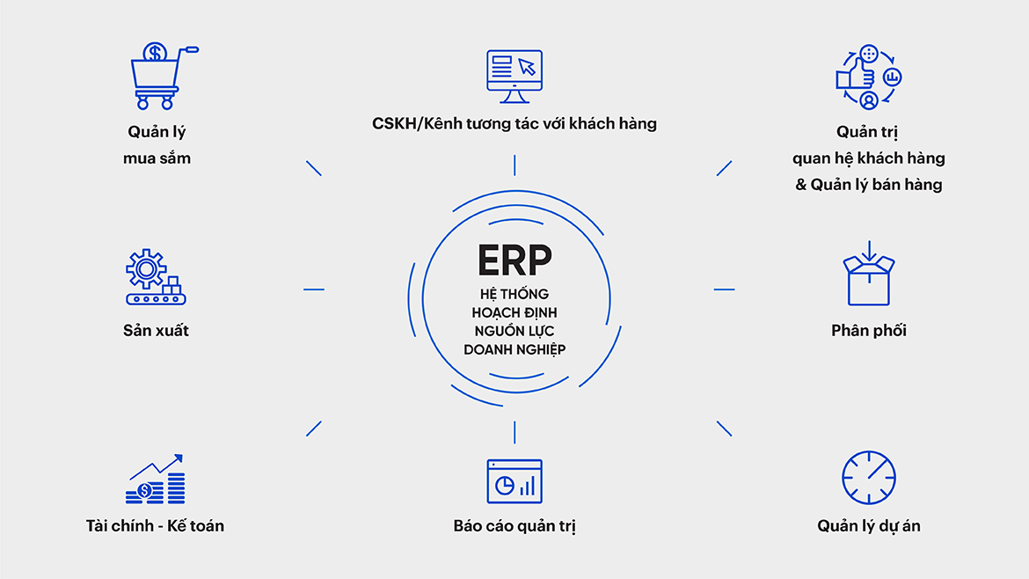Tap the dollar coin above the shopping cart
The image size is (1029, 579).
(x=156, y=53)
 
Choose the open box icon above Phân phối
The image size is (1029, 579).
(x=868, y=275)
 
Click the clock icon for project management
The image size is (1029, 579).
(x=868, y=478)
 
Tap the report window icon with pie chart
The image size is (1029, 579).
(x=514, y=481)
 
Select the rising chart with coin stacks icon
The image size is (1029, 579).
(x=156, y=480)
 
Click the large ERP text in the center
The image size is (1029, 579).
(x=514, y=260)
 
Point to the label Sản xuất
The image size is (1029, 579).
(x=157, y=331)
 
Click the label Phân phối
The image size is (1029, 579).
(x=869, y=331)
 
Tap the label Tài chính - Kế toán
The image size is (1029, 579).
(x=156, y=526)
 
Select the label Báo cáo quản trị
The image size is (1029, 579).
(x=514, y=526)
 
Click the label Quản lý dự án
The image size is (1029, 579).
(x=869, y=526)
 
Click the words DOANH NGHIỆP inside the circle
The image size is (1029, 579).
(x=514, y=349)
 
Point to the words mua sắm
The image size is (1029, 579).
(x=157, y=158)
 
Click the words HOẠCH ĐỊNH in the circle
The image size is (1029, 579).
(x=514, y=312)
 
